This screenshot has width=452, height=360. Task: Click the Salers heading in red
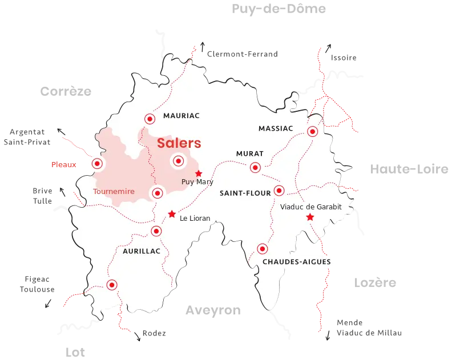pos(179,143)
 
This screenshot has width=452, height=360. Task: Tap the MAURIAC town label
pos(181,116)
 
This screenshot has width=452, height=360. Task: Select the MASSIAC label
pos(276,128)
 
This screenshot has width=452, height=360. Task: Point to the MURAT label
pos(250,154)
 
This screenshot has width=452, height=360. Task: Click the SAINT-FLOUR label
pos(245,193)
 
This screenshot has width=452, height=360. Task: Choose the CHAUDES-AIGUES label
pos(296,262)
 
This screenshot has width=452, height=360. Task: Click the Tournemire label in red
pos(114,192)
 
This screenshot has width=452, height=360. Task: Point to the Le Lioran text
pos(195,218)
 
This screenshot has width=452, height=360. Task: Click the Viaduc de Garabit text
pos(311,207)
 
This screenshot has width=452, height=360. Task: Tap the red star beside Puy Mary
pos(199,173)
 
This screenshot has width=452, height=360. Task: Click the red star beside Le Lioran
pos(172,214)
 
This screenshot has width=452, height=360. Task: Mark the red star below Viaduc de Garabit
pos(310,217)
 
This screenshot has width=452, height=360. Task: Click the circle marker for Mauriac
pos(150,119)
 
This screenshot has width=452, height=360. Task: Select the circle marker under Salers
pos(177,161)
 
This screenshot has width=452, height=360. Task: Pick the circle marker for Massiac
pos(312,132)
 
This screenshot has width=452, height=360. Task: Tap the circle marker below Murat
pos(255,167)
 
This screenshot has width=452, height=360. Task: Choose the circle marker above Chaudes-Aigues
pos(262,249)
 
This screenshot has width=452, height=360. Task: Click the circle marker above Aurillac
pos(156,230)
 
